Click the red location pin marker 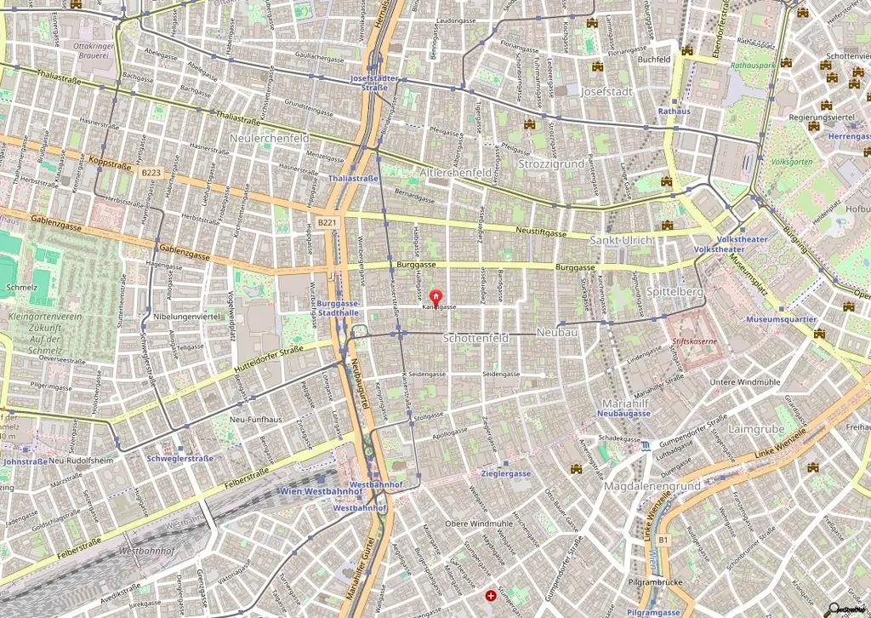coord(436,299)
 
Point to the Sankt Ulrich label coord(622,241)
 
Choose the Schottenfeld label coord(476,338)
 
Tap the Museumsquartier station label coord(780,319)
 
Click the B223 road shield coord(151,173)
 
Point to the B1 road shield coord(663,540)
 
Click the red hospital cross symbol coord(490,596)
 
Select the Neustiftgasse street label coord(541,232)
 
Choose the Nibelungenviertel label coord(186,316)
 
